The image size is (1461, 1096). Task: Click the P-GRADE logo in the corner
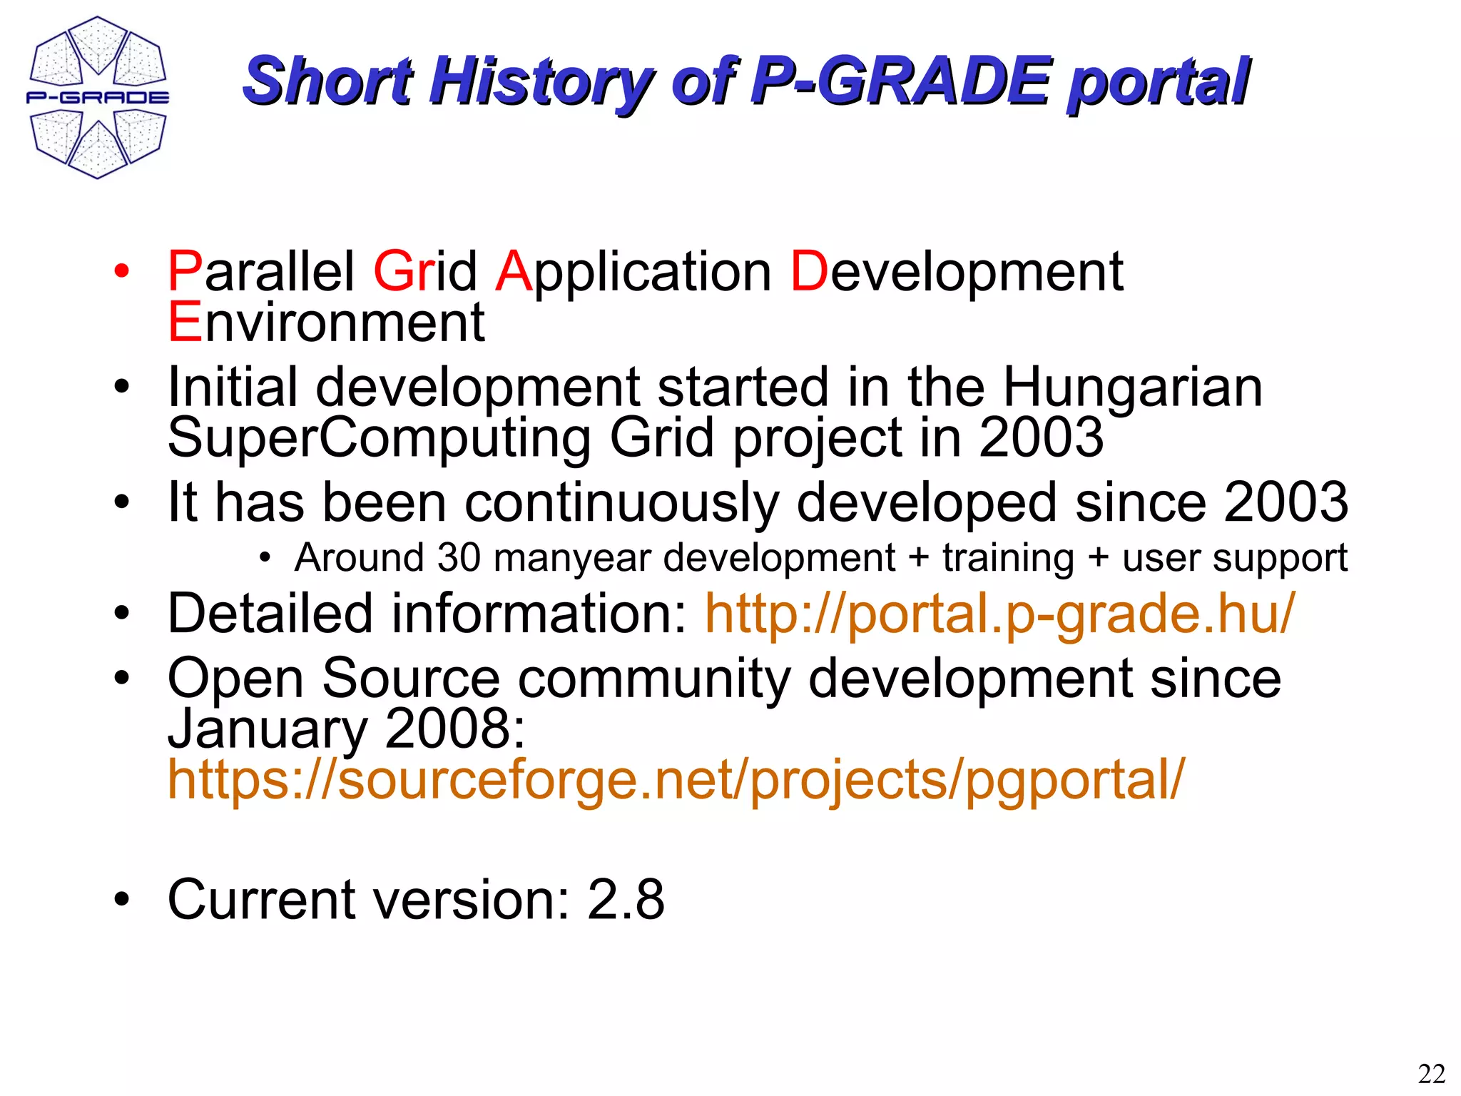(x=98, y=98)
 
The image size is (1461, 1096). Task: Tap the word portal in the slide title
(x=1158, y=82)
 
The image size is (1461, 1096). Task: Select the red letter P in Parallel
(x=184, y=272)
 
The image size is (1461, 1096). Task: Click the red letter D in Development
(x=810, y=272)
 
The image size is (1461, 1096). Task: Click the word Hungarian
(x=1133, y=387)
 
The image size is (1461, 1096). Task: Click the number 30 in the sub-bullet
(x=459, y=557)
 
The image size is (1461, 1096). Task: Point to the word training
(x=1008, y=558)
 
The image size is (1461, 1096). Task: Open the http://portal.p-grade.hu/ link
(x=999, y=614)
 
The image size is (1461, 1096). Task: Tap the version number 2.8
(x=626, y=900)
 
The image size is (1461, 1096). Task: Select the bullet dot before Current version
(x=123, y=900)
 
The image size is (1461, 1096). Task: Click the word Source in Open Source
(x=411, y=679)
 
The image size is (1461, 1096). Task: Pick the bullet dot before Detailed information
(x=123, y=614)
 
